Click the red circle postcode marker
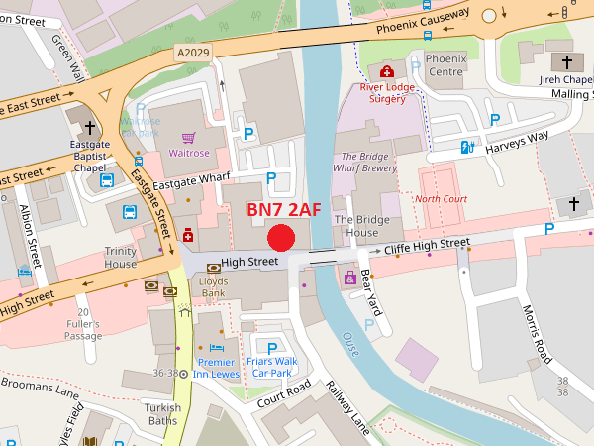click(282, 238)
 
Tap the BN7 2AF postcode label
click(284, 209)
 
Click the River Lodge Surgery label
click(388, 93)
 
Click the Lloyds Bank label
click(214, 287)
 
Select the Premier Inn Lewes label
click(216, 369)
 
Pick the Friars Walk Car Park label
click(272, 367)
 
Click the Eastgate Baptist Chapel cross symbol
click(90, 128)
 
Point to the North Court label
click(441, 199)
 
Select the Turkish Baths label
click(160, 414)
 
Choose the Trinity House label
click(121, 258)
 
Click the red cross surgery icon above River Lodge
click(387, 71)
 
